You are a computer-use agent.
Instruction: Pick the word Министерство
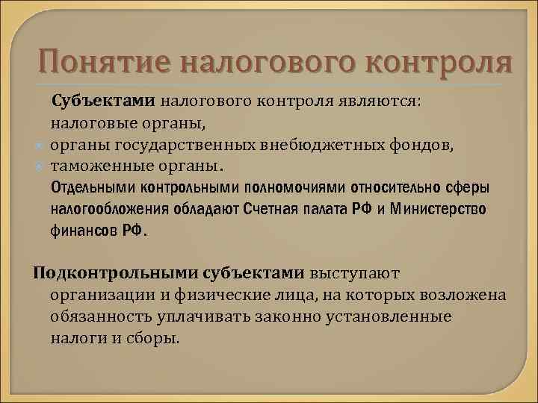click(x=444, y=208)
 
